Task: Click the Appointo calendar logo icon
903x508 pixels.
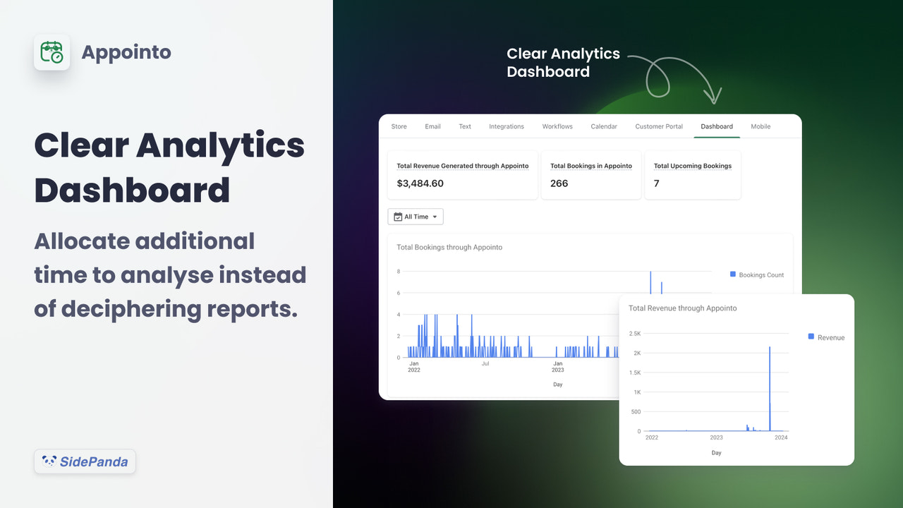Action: pyautogui.click(x=51, y=52)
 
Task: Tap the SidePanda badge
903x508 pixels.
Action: pyautogui.click(x=85, y=462)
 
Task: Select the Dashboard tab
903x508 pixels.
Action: pyautogui.click(x=716, y=126)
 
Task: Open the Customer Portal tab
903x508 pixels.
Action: pyautogui.click(x=659, y=126)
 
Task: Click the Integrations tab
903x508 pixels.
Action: pyautogui.click(x=506, y=126)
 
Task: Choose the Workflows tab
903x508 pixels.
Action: pyautogui.click(x=557, y=126)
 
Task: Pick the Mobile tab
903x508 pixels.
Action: pyautogui.click(x=760, y=126)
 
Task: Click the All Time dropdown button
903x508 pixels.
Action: pyautogui.click(x=416, y=217)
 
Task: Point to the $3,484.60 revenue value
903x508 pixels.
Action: pyautogui.click(x=420, y=183)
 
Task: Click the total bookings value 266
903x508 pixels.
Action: pyautogui.click(x=559, y=183)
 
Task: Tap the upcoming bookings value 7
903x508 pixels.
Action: pyautogui.click(x=656, y=183)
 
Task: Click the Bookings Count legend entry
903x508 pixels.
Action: pyautogui.click(x=757, y=274)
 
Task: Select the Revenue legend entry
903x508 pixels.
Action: pyautogui.click(x=826, y=337)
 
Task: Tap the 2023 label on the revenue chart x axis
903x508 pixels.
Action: pyautogui.click(x=716, y=438)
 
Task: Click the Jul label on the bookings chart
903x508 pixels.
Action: pyautogui.click(x=485, y=364)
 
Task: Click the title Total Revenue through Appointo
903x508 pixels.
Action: pyautogui.click(x=682, y=308)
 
